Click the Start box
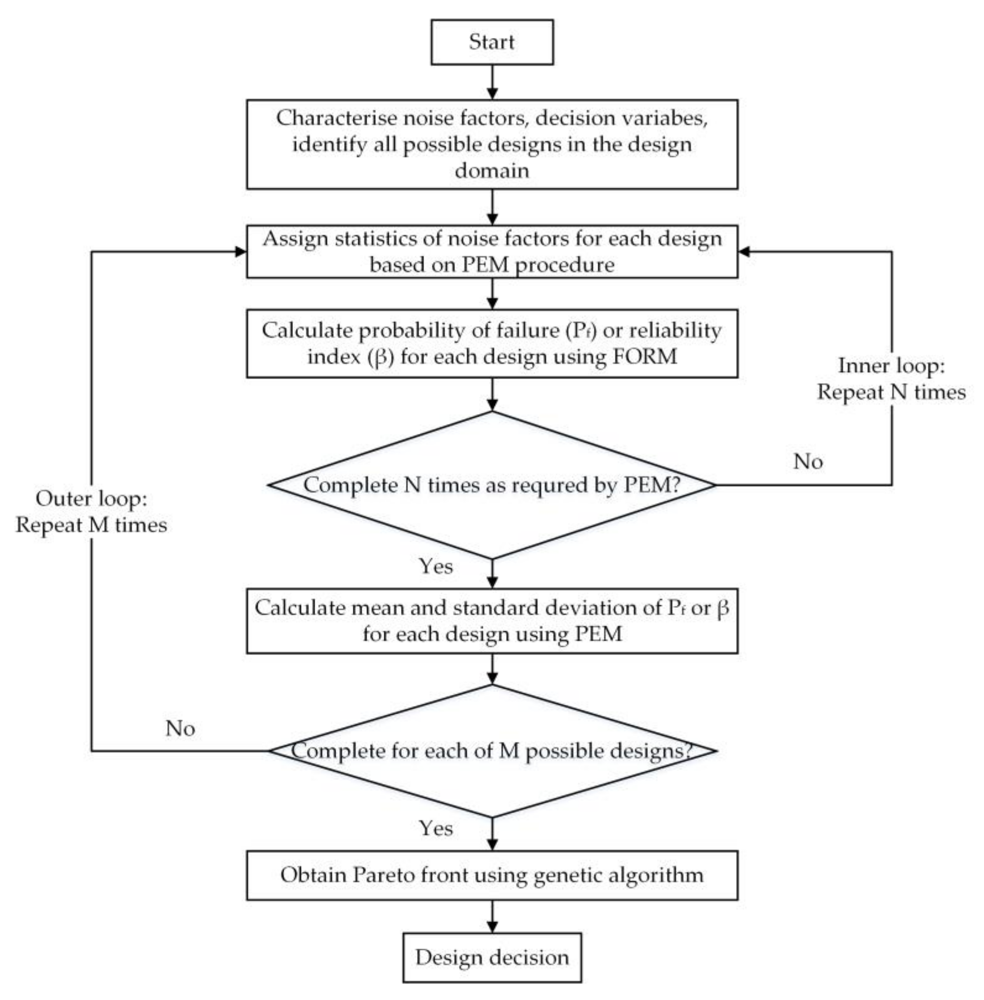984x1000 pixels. (x=492, y=42)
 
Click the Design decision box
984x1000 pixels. (x=492, y=957)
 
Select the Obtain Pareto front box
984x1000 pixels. (x=492, y=875)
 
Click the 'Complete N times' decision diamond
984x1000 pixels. (x=492, y=485)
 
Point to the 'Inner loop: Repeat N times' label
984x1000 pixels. (x=891, y=379)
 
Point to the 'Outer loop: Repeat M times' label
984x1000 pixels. (x=91, y=512)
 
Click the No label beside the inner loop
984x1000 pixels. (x=808, y=462)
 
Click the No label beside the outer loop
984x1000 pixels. (x=180, y=728)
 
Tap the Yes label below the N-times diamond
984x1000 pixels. (x=436, y=567)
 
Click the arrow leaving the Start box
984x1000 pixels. (x=492, y=82)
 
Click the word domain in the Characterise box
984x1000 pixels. (x=492, y=171)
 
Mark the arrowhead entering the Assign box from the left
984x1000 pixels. (x=240, y=252)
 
